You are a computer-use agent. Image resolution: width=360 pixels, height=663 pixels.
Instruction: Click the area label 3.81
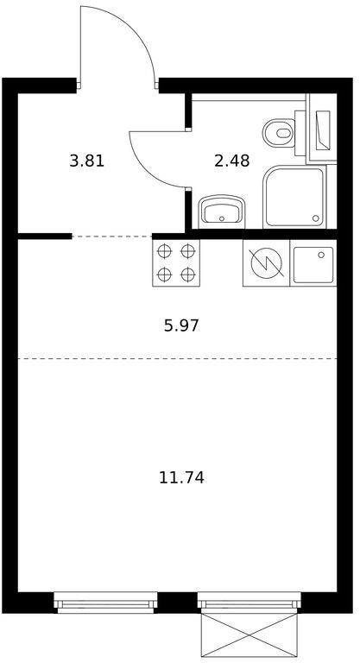(x=86, y=161)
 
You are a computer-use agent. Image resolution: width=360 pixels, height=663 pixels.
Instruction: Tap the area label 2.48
(x=232, y=161)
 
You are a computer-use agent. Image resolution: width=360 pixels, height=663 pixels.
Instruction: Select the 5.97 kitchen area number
(x=181, y=325)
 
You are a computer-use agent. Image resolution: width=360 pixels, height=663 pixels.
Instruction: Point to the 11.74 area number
(x=181, y=477)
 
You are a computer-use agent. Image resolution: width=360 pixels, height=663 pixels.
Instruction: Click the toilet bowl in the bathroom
(x=278, y=133)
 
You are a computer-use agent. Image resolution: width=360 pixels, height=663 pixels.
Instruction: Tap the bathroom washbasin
(x=222, y=210)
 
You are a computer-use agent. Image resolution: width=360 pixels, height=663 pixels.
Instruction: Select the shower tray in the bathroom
(x=294, y=197)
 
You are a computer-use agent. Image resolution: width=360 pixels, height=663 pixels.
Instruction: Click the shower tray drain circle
(x=316, y=218)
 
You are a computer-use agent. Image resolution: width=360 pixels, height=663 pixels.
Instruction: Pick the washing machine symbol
(x=266, y=263)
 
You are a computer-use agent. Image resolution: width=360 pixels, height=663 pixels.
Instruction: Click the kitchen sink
(x=313, y=264)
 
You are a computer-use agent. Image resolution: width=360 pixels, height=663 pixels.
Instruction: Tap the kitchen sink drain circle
(x=321, y=255)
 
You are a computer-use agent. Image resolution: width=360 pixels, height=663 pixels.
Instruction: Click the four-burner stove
(x=175, y=263)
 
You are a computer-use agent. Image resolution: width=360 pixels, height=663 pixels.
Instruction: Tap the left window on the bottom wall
(x=105, y=603)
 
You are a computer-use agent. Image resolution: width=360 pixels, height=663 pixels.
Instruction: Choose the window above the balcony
(x=249, y=602)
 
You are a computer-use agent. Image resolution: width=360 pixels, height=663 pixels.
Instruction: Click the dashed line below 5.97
(x=177, y=358)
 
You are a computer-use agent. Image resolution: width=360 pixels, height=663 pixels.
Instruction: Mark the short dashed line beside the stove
(x=112, y=237)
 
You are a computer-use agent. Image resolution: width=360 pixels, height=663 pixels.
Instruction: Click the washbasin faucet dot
(x=222, y=219)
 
